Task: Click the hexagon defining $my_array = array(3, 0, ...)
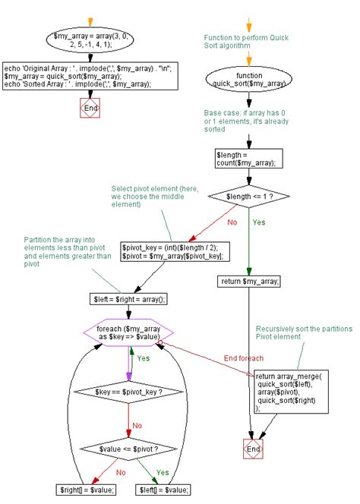click(91, 40)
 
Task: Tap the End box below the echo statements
click(90, 108)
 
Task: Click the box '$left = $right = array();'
click(128, 300)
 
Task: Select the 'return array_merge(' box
click(289, 392)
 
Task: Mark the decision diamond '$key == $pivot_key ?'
click(128, 392)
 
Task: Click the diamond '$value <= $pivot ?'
click(128, 449)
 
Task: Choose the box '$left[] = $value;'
click(164, 490)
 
